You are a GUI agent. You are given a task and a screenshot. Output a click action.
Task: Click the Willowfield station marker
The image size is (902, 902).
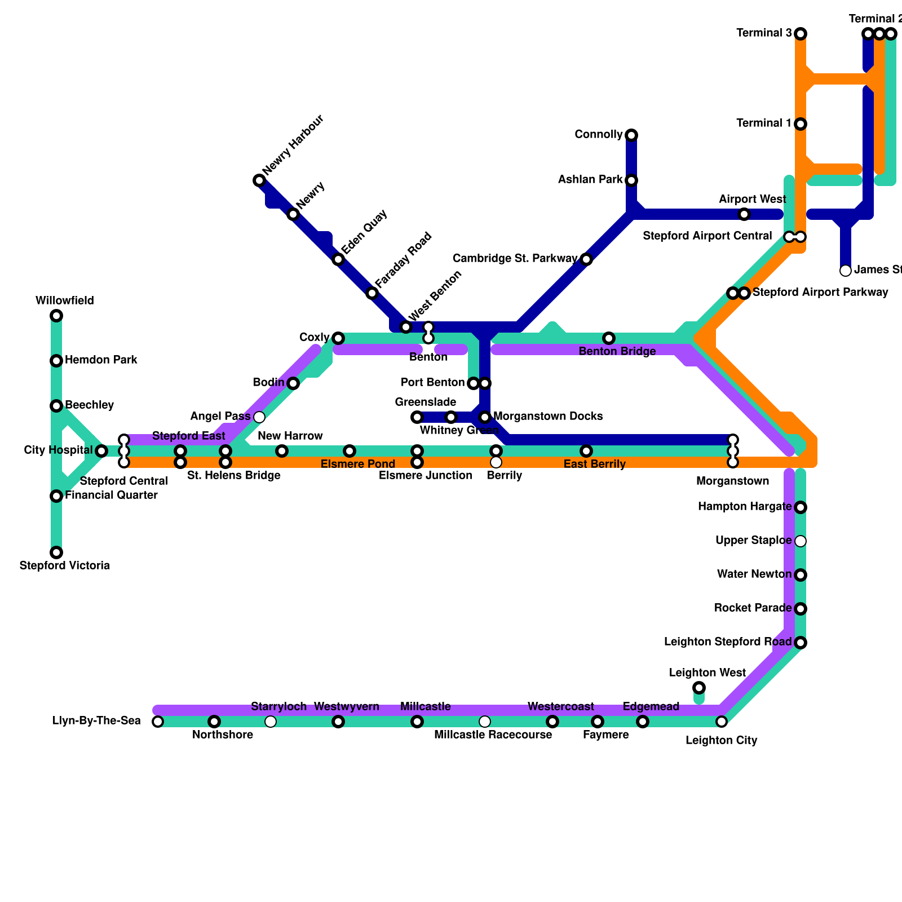tap(56, 316)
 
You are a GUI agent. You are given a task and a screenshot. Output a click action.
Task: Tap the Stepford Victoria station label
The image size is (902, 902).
tap(64, 565)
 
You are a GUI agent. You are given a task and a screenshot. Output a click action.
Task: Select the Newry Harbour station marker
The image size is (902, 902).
tap(259, 180)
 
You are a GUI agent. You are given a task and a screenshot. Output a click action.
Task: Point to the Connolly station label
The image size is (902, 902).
tap(598, 135)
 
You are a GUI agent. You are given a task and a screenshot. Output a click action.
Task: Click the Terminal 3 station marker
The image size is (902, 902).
tap(801, 34)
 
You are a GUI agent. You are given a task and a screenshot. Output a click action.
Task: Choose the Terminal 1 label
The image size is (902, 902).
tap(764, 123)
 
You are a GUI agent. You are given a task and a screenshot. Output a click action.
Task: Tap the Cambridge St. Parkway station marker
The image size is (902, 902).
tap(586, 259)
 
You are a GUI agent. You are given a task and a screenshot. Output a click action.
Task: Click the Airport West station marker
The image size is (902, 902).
tap(744, 214)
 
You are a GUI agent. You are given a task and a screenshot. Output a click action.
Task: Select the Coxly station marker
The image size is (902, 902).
tap(338, 338)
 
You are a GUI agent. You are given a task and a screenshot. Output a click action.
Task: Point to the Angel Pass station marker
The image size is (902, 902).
tap(259, 417)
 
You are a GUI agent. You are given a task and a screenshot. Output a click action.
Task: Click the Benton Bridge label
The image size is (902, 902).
tap(617, 352)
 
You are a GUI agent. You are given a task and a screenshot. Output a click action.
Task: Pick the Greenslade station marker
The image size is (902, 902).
tap(417, 417)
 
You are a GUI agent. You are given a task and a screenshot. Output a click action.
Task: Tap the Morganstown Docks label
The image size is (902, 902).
tap(548, 417)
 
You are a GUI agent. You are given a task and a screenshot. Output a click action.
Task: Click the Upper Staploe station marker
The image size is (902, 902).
tap(801, 541)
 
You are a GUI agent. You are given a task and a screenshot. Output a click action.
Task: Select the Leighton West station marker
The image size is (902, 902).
tap(699, 688)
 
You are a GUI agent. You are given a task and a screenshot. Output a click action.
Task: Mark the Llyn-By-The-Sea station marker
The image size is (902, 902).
tap(158, 722)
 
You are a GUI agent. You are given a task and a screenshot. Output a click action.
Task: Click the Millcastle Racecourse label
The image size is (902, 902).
tap(493, 735)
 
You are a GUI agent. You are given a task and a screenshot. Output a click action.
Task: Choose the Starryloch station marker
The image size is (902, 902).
tap(271, 722)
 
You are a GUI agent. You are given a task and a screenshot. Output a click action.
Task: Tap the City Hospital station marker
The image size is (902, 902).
tap(101, 451)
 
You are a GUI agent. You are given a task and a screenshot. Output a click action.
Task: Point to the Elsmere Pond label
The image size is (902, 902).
tap(357, 465)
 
